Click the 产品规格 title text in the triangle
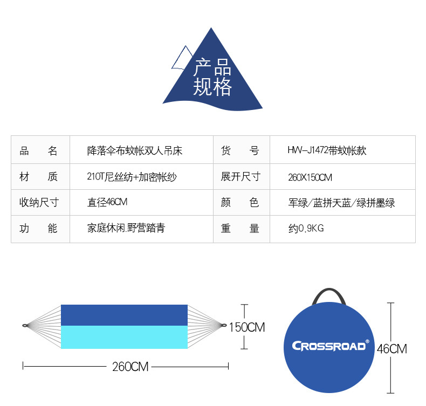212,78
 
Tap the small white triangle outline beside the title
183,59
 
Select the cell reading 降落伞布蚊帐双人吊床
135,151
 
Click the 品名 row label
38,151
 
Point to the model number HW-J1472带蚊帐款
327,151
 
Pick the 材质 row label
38,177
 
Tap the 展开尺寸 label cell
241,177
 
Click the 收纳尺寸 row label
39,203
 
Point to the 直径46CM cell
107,203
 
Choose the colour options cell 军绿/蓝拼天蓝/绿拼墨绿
341,203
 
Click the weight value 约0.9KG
306,229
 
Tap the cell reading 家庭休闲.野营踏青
126,229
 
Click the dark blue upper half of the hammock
124,315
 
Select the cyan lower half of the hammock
124,337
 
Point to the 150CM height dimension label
247,327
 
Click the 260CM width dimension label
130,367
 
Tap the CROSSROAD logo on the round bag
329,346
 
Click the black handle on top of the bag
328,295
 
